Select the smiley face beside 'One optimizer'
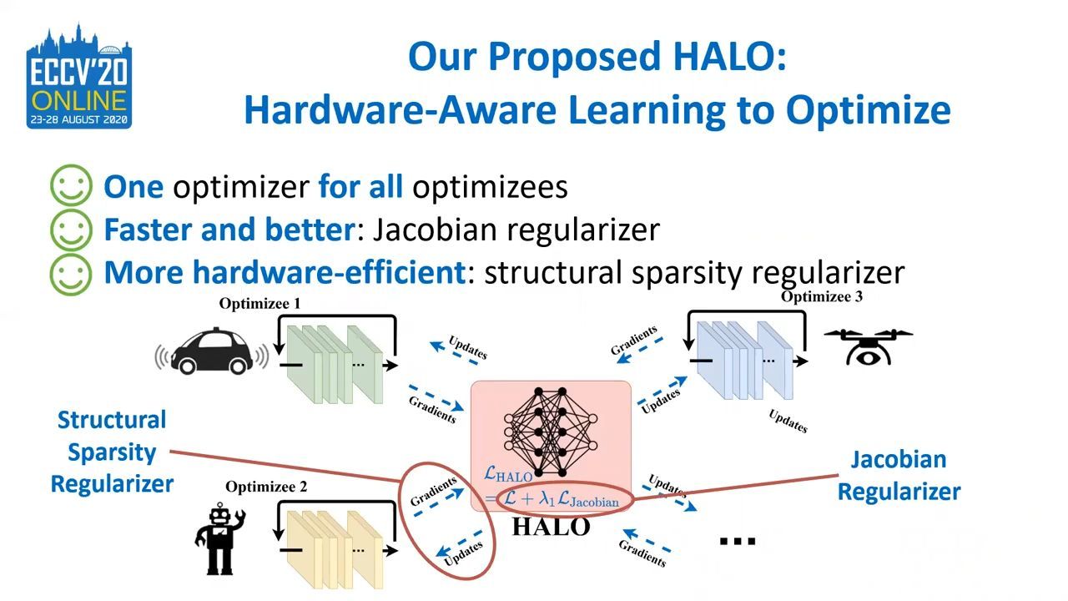[71, 185]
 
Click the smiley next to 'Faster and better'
[71, 230]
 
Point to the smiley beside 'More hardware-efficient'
[71, 274]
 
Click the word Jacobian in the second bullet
[435, 230]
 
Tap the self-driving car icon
[212, 351]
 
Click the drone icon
[869, 346]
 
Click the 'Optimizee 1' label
[259, 303]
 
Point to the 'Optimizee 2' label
[266, 487]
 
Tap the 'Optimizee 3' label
[822, 296]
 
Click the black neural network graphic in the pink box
[551, 432]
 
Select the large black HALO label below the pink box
[552, 527]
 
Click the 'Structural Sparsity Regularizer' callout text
[112, 452]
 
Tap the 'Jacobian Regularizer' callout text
[899, 476]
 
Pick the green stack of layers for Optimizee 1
[335, 365]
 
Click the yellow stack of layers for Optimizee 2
[335, 549]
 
